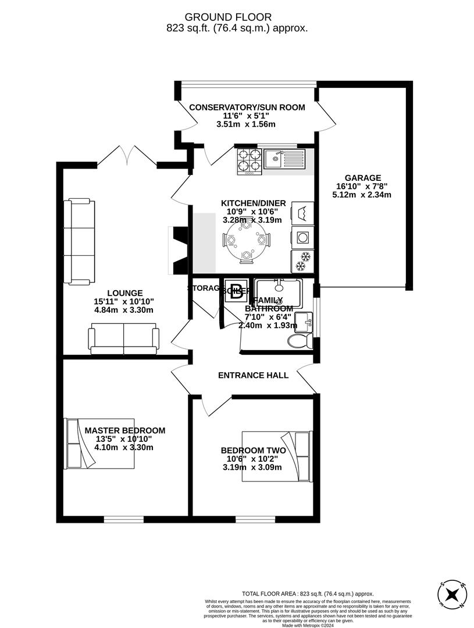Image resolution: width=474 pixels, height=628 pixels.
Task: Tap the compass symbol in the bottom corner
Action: pyautogui.click(x=452, y=595)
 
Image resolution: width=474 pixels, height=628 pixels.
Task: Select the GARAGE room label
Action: pyautogui.click(x=362, y=178)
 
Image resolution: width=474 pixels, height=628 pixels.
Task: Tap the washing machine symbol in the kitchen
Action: pyautogui.click(x=302, y=237)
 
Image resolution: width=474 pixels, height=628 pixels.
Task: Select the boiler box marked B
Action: pyautogui.click(x=236, y=292)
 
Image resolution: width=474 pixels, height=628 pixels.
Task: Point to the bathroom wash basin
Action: pyautogui.click(x=304, y=320)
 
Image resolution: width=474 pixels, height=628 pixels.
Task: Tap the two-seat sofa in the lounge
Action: pyautogui.click(x=123, y=340)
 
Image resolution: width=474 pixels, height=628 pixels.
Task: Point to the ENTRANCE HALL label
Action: pyautogui.click(x=253, y=376)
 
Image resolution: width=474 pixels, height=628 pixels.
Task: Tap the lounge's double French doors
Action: pyautogui.click(x=128, y=156)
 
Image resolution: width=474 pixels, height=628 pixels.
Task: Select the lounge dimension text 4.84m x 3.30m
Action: pyautogui.click(x=124, y=310)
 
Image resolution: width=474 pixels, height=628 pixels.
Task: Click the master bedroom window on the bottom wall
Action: pyautogui.click(x=123, y=519)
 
